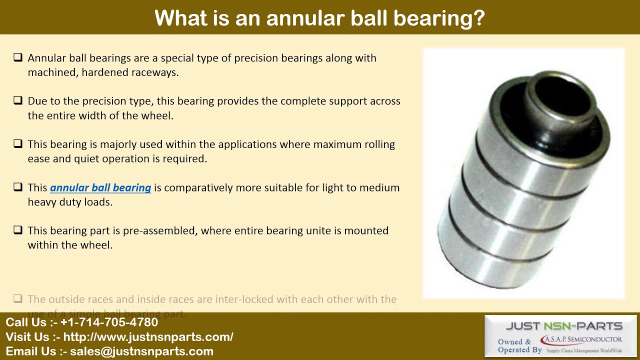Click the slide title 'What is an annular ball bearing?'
coord(319,18)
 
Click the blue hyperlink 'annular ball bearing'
coord(100,188)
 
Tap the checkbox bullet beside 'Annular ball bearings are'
coord(18,57)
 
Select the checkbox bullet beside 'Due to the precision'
coord(18,100)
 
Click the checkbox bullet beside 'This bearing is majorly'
coord(18,144)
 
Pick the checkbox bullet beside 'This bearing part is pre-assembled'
coord(18,230)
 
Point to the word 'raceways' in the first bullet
coord(155,72)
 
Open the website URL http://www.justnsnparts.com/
coord(148,337)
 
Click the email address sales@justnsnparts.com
coord(141,351)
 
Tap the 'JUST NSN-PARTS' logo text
coord(564,326)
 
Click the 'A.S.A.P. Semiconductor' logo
coord(581,340)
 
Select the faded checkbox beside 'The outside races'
coord(18,299)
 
